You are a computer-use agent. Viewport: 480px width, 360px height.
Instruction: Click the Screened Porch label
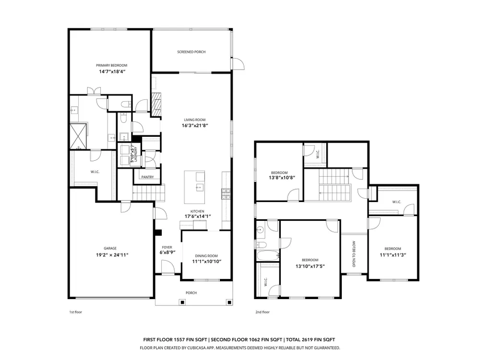tap(192, 52)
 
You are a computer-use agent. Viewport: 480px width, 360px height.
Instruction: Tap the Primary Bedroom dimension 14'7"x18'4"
tap(112, 72)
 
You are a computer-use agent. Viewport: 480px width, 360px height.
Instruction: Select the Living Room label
tap(195, 120)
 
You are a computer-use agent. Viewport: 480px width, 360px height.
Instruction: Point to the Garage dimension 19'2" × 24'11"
tap(112, 255)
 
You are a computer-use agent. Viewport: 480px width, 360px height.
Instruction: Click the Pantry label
tap(147, 177)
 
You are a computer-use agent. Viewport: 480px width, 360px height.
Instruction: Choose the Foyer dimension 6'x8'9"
tap(168, 252)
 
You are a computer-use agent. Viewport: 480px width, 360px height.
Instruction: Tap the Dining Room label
tap(206, 256)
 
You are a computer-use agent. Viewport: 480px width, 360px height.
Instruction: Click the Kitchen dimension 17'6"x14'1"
tap(197, 216)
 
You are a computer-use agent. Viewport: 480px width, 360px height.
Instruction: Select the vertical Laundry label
tap(135, 155)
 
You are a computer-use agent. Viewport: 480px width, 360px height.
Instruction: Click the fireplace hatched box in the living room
tap(156, 104)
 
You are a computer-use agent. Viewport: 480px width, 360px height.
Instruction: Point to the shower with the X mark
tap(78, 136)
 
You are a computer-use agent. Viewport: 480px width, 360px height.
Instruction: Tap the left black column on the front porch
tap(182, 302)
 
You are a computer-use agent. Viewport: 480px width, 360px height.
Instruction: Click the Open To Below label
tap(354, 254)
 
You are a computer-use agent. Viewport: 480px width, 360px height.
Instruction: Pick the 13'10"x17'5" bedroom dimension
tap(310, 266)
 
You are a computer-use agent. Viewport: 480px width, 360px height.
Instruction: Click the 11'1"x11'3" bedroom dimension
tap(393, 255)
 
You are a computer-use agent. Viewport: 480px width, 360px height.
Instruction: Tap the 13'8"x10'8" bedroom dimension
tap(282, 178)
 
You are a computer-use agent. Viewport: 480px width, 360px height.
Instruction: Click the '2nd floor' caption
tap(263, 312)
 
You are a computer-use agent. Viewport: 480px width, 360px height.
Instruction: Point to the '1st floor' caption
tap(76, 312)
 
